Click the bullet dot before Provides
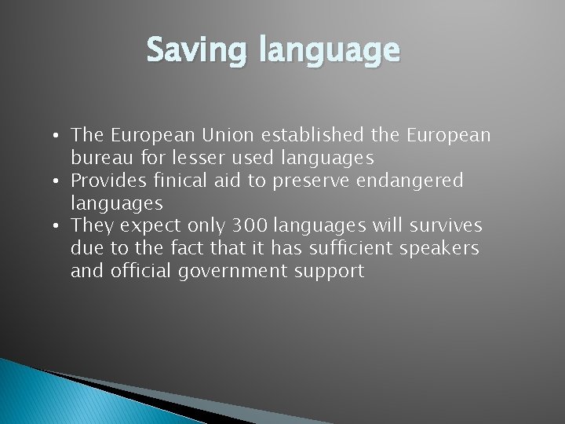coord(60,181)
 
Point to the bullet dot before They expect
coord(60,227)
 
